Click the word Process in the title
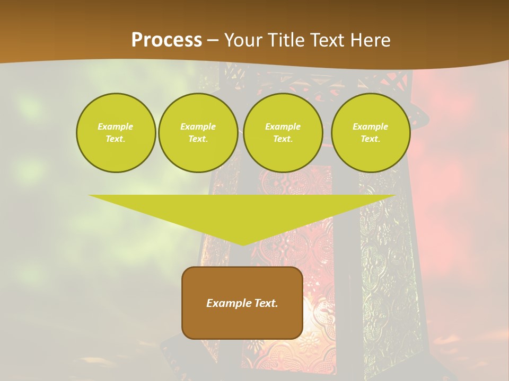click(166, 40)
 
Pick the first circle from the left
click(116, 133)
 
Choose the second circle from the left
click(198, 133)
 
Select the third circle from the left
click(283, 133)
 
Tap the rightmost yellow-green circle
click(371, 133)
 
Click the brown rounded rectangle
click(242, 303)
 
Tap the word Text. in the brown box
click(265, 303)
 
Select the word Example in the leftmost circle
click(116, 126)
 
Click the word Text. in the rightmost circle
click(371, 139)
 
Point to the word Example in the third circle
click(283, 126)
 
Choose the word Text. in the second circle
click(198, 139)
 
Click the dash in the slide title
click(213, 40)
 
